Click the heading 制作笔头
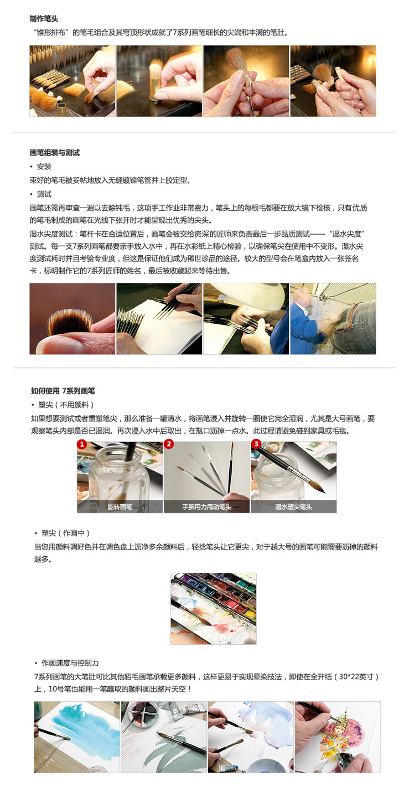click(x=44, y=19)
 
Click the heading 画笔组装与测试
click(x=54, y=153)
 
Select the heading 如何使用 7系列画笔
click(x=63, y=391)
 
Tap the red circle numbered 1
click(x=82, y=444)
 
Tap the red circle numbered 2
click(x=169, y=444)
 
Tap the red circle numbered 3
click(x=256, y=444)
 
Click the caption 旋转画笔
click(x=120, y=506)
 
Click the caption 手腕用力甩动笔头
click(x=206, y=506)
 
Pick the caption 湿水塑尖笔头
click(x=294, y=506)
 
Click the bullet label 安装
click(x=44, y=166)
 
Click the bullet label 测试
click(x=44, y=194)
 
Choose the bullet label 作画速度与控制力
click(x=70, y=663)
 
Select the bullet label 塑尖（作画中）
click(x=66, y=533)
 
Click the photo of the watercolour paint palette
click(x=213, y=609)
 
